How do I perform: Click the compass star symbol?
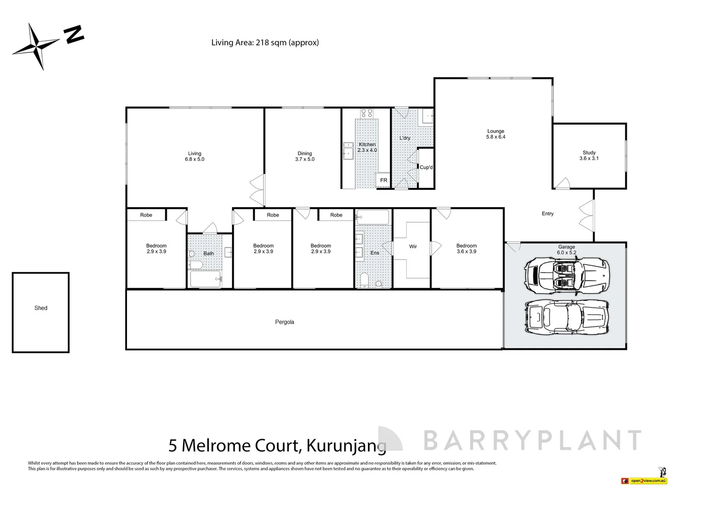click(x=36, y=46)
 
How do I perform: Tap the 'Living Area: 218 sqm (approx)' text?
click(x=265, y=43)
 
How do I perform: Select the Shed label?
click(x=41, y=308)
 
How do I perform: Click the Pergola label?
click(x=284, y=322)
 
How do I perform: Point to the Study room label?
click(x=589, y=156)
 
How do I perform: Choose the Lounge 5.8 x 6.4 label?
click(x=496, y=134)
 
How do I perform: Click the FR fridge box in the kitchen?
click(x=383, y=180)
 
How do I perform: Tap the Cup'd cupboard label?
click(x=426, y=167)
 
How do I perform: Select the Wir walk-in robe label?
click(x=413, y=246)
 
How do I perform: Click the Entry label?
click(x=547, y=214)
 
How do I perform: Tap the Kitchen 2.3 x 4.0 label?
click(x=367, y=148)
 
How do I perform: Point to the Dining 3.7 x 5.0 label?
click(x=305, y=156)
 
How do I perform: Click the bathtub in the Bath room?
click(x=206, y=280)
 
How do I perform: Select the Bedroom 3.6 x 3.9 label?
click(x=466, y=249)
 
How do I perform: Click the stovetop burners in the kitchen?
click(x=367, y=113)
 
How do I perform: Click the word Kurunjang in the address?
click(x=346, y=446)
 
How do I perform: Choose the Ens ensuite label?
click(x=375, y=253)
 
